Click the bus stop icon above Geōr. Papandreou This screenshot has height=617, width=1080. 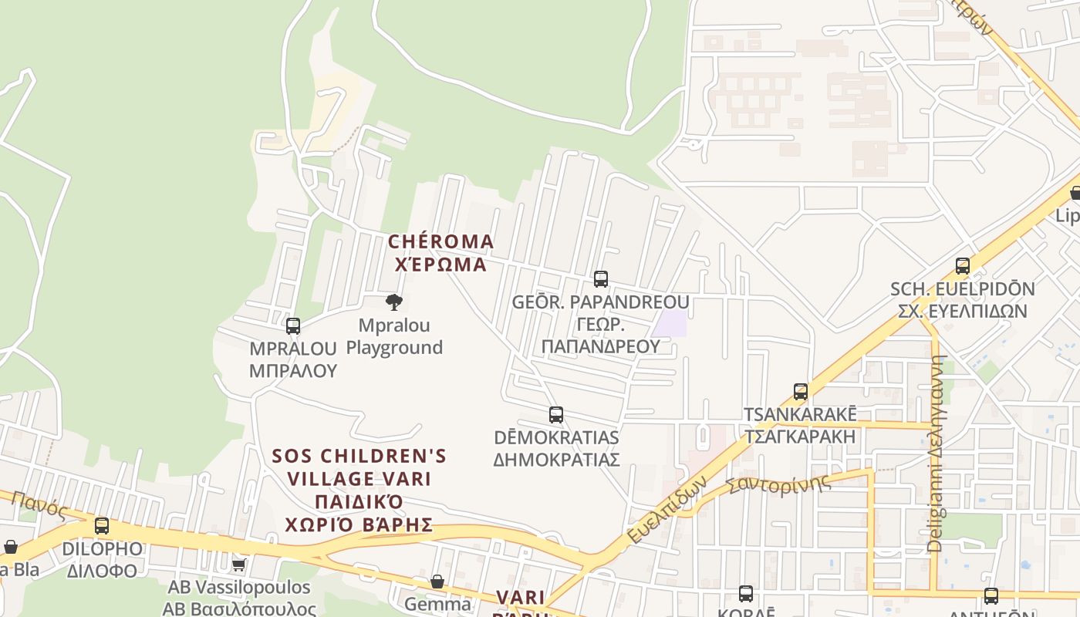(600, 279)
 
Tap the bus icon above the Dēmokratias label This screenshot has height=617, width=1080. (555, 415)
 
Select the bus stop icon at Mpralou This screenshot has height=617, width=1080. (292, 326)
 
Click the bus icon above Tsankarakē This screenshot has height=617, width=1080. (800, 392)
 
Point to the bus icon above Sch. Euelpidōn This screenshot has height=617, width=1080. (962, 266)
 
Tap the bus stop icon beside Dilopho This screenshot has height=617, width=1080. (101, 526)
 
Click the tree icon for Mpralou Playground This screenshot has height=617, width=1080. (393, 302)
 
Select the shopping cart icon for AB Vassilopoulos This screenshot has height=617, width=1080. (239, 565)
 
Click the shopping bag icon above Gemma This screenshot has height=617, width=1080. (437, 582)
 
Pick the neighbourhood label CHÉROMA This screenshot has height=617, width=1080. (440, 241)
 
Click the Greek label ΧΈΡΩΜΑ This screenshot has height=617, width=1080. (440, 265)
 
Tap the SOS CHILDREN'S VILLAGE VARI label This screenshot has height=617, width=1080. (359, 467)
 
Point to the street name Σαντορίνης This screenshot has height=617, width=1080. (779, 485)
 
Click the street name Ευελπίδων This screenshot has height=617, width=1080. (667, 509)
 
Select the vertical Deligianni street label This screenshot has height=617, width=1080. (936, 455)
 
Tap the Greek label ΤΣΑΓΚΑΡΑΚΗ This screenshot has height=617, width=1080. (799, 436)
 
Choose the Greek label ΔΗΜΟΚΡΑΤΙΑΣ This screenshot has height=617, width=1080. (556, 460)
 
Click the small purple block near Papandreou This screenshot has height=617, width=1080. (669, 323)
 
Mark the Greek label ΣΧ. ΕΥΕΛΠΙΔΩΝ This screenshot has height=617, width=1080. (962, 311)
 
